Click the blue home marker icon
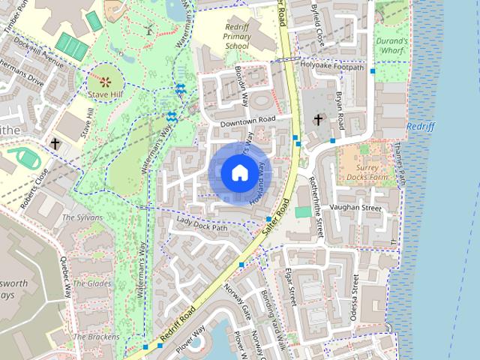239,173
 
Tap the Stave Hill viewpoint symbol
104,80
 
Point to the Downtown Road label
248,120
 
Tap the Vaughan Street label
356,207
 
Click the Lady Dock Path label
201,226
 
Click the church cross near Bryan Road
318,120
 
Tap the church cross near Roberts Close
55,142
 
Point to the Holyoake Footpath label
332,67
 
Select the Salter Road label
276,219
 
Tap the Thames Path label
402,166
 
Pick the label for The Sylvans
77,217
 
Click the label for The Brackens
98,337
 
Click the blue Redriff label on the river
421,127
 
